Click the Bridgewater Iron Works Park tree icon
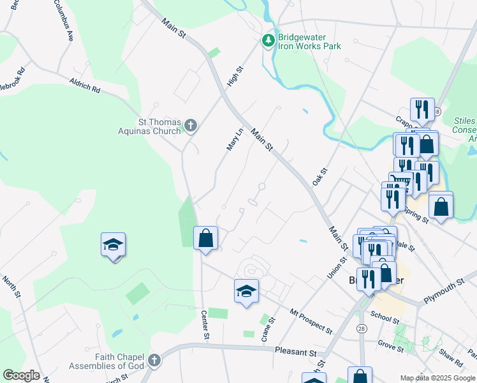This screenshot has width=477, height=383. click(x=268, y=41)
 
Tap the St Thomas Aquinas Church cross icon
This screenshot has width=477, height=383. click(x=191, y=126)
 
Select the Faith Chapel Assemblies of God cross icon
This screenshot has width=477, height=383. click(x=153, y=361)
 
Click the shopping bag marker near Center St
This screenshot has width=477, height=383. click(x=206, y=239)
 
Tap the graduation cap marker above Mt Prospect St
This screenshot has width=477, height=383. click(x=247, y=291)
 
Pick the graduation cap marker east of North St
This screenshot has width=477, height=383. click(x=113, y=245)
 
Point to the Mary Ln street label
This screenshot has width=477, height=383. click(x=235, y=139)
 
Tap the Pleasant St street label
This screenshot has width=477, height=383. click(x=296, y=352)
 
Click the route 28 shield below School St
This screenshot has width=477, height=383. click(x=362, y=328)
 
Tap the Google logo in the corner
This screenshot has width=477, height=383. click(x=21, y=375)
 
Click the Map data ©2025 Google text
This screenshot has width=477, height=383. click(x=437, y=378)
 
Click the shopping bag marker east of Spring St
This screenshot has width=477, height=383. click(x=441, y=206)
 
